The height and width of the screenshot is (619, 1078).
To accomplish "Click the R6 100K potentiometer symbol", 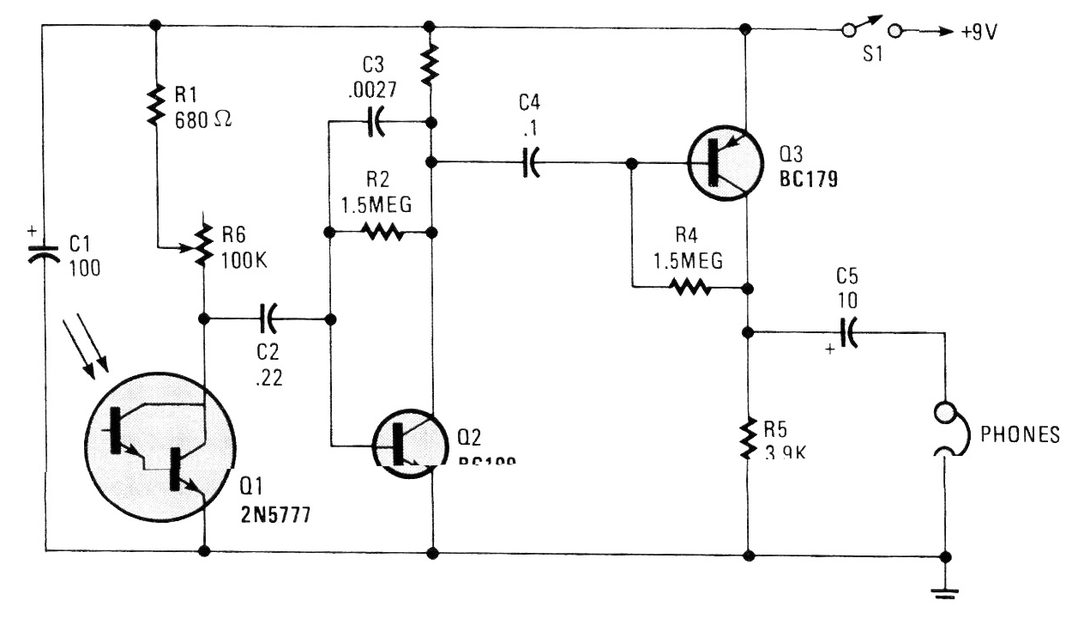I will pyautogui.click(x=204, y=244).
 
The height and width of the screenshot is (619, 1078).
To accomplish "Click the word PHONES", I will pyautogui.click(x=1020, y=434).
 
